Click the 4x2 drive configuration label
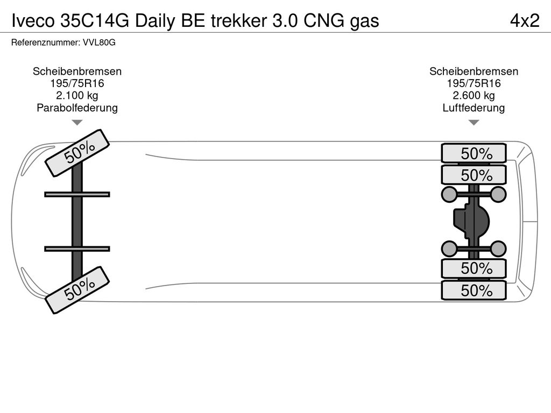click(x=524, y=20)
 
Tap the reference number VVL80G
click(x=100, y=42)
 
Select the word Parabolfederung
click(x=77, y=108)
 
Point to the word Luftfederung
click(x=474, y=108)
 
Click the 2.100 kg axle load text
click(x=77, y=96)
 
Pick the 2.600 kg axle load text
click(x=474, y=96)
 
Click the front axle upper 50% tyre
click(x=77, y=153)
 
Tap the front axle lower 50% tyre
click(x=77, y=290)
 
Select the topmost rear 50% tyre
click(x=474, y=153)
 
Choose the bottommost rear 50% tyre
click(x=474, y=291)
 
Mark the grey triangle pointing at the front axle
click(x=77, y=123)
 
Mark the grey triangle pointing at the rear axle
click(x=474, y=123)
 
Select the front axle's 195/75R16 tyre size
click(x=77, y=83)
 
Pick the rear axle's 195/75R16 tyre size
click(x=474, y=83)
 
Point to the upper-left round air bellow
click(x=449, y=194)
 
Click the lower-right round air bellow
click(x=498, y=248)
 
